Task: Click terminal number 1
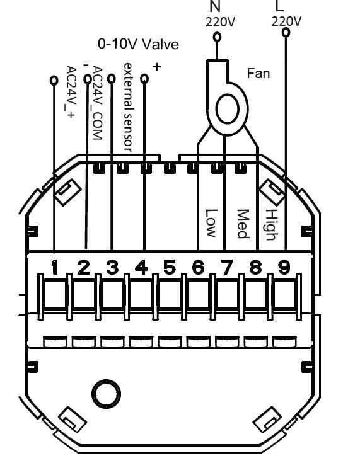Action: (x=54, y=268)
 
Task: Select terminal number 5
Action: (x=170, y=267)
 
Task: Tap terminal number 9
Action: (x=284, y=267)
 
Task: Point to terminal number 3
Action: (x=112, y=267)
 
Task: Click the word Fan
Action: (x=258, y=73)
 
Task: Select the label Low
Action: (x=211, y=223)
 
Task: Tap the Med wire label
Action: (x=243, y=224)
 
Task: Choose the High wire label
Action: (x=270, y=224)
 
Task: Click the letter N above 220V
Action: (x=216, y=6)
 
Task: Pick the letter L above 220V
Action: (x=279, y=5)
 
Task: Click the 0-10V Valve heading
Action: (x=138, y=44)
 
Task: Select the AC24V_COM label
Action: (x=98, y=103)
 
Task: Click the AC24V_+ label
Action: (x=71, y=92)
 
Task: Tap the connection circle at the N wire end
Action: (x=218, y=37)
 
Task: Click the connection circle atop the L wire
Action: (x=286, y=32)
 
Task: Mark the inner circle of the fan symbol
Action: (x=228, y=108)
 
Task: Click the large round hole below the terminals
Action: (x=107, y=394)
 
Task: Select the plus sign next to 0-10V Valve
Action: (x=157, y=67)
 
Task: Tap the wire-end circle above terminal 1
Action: (x=54, y=81)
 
